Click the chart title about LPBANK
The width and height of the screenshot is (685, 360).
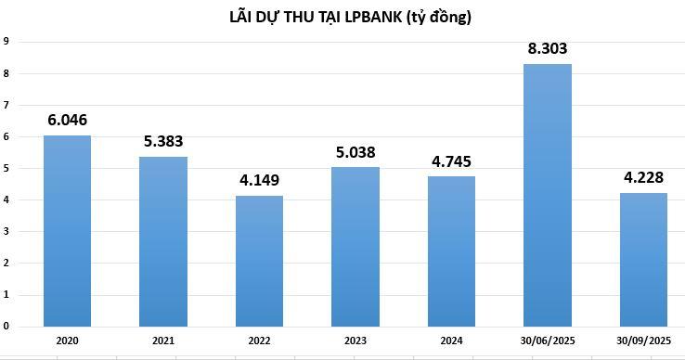point(351,17)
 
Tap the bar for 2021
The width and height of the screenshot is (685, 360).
point(163,241)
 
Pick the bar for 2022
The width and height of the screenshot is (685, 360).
point(259,261)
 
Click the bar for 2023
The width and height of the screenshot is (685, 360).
point(355,247)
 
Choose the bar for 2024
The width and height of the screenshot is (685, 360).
point(452,251)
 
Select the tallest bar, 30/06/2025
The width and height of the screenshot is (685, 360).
point(548,195)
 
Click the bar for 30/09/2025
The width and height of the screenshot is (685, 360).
point(644,260)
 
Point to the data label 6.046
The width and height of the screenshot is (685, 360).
point(67,120)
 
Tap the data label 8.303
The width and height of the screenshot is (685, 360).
point(548,48)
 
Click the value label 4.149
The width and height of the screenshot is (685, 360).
point(259,180)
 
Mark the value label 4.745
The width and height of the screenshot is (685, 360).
point(452,161)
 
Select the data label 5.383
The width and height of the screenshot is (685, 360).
point(163,141)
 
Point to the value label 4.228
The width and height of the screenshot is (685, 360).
point(644,177)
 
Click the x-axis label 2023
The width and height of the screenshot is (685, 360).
point(355,341)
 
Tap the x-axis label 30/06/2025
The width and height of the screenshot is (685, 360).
point(548,341)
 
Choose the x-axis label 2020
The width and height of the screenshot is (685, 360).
point(67,341)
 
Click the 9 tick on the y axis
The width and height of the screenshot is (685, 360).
point(6,41)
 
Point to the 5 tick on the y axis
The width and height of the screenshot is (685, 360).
point(6,168)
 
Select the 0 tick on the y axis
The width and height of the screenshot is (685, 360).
point(6,326)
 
